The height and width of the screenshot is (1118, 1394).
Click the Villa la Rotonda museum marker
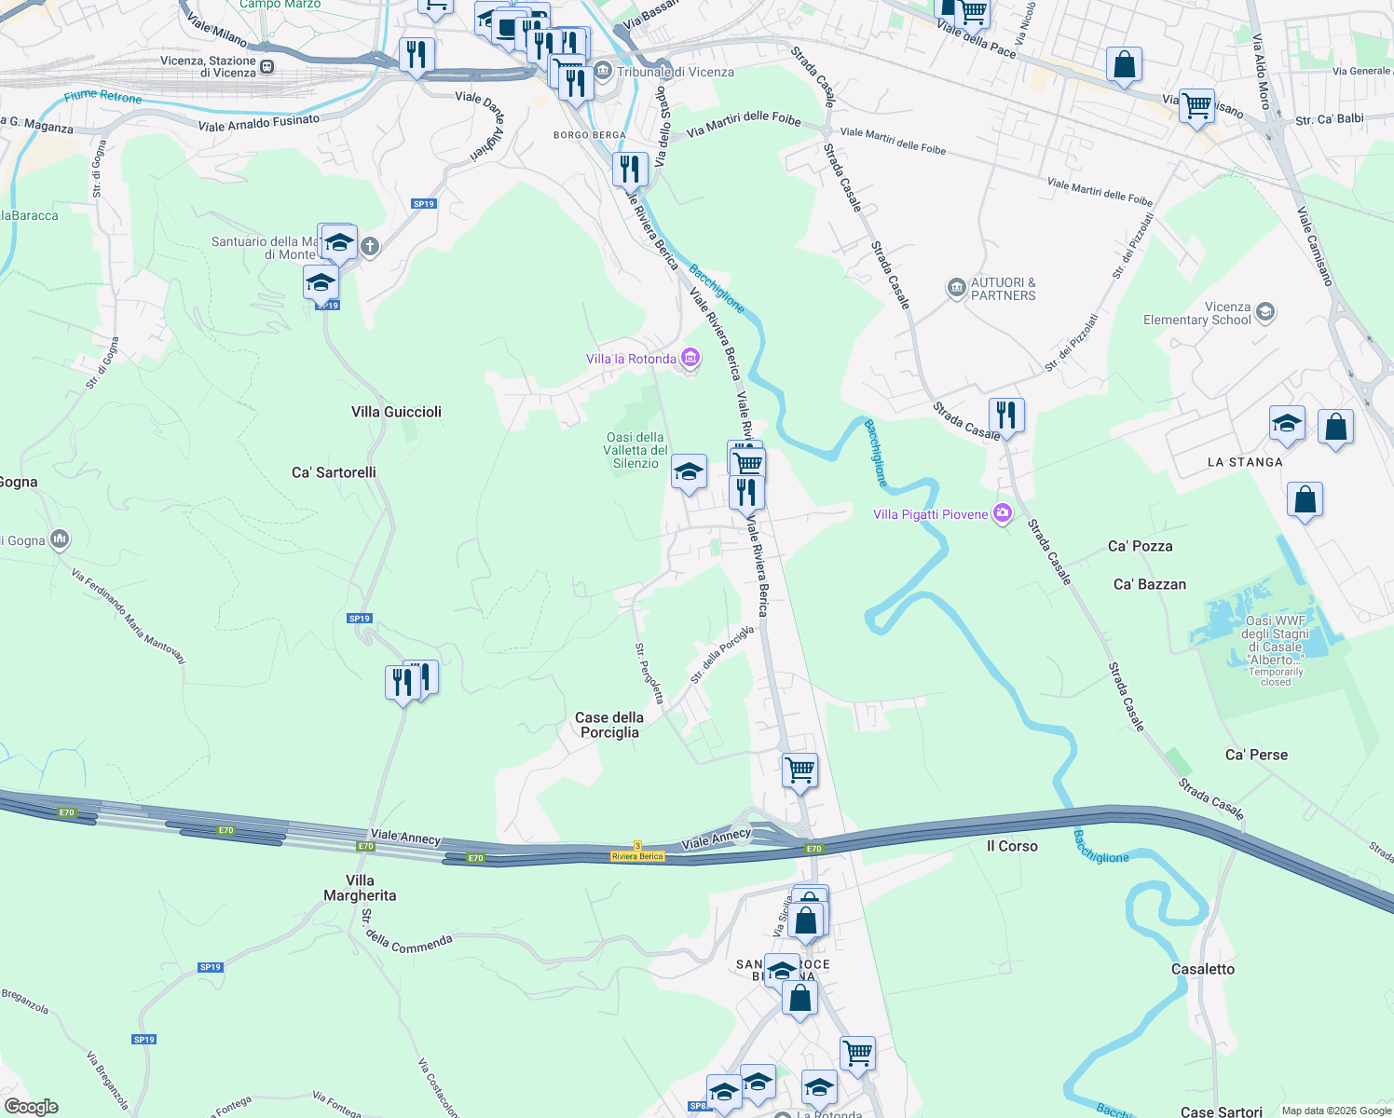click(x=690, y=358)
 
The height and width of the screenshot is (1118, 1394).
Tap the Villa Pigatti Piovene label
click(x=930, y=514)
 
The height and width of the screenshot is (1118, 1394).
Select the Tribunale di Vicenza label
click(x=675, y=72)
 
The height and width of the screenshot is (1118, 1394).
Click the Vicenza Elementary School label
click(x=1196, y=313)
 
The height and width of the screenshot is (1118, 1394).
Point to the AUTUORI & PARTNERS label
click(x=1003, y=289)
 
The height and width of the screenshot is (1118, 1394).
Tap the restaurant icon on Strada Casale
click(x=1005, y=414)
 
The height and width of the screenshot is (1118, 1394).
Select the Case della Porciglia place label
click(x=609, y=725)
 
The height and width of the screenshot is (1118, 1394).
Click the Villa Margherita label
click(x=360, y=888)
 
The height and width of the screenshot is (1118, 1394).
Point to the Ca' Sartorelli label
click(x=334, y=472)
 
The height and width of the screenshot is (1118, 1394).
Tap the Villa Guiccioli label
click(x=396, y=412)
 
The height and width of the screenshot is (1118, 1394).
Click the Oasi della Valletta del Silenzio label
click(x=635, y=450)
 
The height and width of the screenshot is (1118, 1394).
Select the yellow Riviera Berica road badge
click(x=637, y=856)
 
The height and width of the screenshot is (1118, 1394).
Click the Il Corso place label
click(x=1012, y=846)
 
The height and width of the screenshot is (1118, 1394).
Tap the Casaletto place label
click(x=1202, y=969)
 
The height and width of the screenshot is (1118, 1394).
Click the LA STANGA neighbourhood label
click(x=1245, y=462)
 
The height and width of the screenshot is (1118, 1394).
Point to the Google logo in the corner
click(x=31, y=1107)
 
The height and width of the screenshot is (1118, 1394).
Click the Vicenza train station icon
click(x=267, y=66)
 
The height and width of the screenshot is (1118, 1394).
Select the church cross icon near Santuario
click(x=370, y=247)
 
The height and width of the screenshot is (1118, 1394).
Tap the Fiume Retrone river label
click(x=103, y=96)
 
